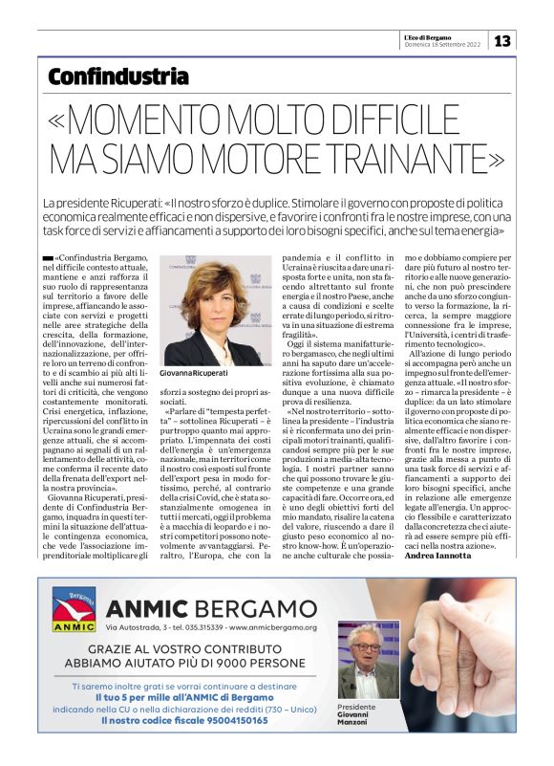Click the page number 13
504,41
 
